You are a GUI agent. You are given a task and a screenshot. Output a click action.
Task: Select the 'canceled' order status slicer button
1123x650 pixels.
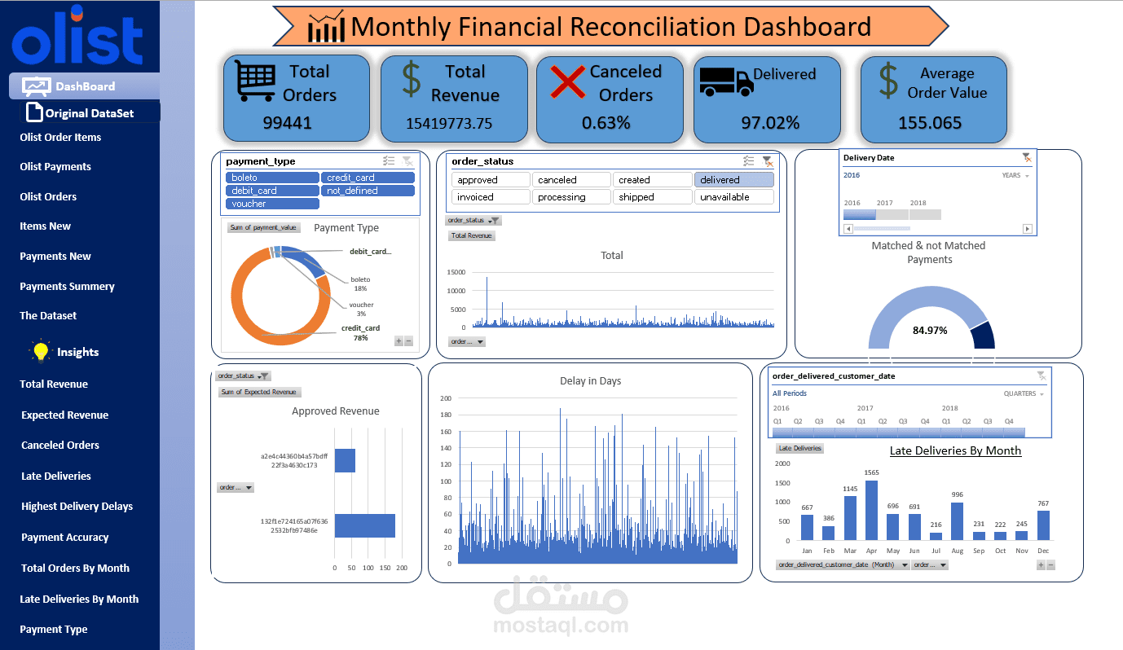click(x=571, y=180)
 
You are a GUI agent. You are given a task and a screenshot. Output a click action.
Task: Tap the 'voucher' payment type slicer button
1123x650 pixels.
click(x=272, y=204)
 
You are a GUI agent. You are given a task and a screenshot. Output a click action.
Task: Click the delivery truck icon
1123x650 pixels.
click(x=726, y=80)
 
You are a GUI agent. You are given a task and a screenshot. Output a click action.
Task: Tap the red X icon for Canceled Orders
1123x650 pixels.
click(x=568, y=81)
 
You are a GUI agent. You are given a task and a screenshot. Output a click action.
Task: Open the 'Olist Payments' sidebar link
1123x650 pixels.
click(x=55, y=167)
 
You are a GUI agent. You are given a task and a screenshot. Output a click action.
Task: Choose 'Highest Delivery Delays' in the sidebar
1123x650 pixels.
click(x=77, y=507)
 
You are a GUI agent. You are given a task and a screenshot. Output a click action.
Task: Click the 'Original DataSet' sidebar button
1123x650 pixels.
click(x=89, y=113)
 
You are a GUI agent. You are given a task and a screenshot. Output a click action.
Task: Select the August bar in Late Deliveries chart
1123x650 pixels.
click(x=956, y=521)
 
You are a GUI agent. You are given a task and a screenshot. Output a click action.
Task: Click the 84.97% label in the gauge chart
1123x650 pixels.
click(x=929, y=331)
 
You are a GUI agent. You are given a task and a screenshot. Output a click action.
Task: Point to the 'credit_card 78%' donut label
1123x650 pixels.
click(x=360, y=332)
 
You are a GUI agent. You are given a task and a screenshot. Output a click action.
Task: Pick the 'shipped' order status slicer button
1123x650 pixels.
click(x=652, y=197)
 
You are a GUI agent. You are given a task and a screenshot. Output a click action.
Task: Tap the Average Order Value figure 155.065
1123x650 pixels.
click(x=930, y=123)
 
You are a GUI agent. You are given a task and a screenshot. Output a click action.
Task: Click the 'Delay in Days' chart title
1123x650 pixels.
click(x=590, y=381)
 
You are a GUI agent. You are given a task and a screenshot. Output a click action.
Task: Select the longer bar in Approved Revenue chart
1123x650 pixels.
click(x=364, y=525)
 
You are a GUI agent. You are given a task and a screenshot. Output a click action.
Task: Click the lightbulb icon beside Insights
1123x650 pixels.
click(x=39, y=352)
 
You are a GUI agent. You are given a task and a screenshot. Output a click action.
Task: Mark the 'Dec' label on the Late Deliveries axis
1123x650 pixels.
click(x=1043, y=551)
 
